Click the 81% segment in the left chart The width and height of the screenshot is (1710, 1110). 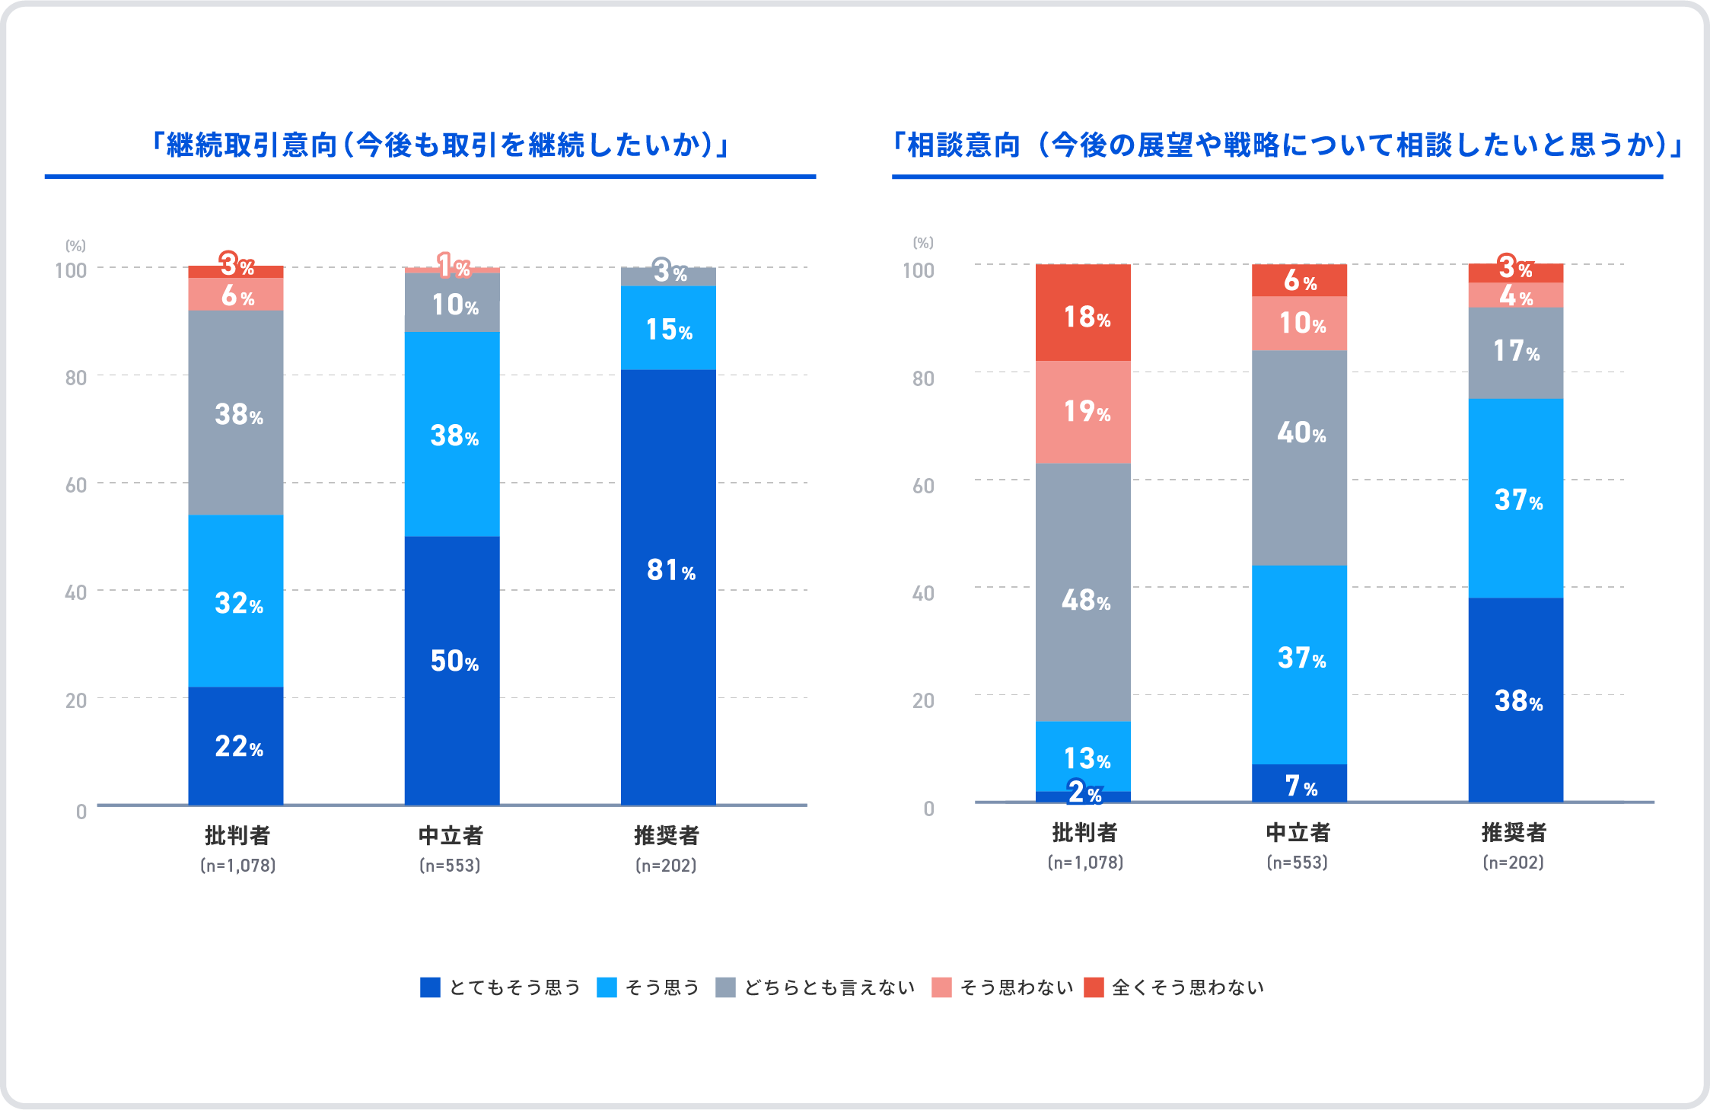(x=668, y=586)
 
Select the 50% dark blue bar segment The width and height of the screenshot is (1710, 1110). (x=452, y=670)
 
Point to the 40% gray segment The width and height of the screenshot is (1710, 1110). (x=1299, y=458)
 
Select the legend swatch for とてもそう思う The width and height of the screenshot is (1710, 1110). (x=430, y=987)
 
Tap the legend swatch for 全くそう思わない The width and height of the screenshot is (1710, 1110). (x=1094, y=987)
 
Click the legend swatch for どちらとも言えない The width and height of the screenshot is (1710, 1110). (x=725, y=987)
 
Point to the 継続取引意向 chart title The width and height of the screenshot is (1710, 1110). (x=439, y=145)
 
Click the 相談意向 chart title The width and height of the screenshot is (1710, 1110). (x=1287, y=145)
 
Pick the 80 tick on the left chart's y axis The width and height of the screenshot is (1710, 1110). (x=75, y=378)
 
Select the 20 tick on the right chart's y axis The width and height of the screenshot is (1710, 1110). (x=923, y=700)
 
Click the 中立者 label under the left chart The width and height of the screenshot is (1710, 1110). (x=451, y=835)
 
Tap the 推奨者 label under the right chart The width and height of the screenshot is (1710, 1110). (x=1514, y=832)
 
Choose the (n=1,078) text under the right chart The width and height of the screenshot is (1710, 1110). (x=1085, y=863)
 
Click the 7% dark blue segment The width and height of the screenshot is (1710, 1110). (x=1299, y=783)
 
